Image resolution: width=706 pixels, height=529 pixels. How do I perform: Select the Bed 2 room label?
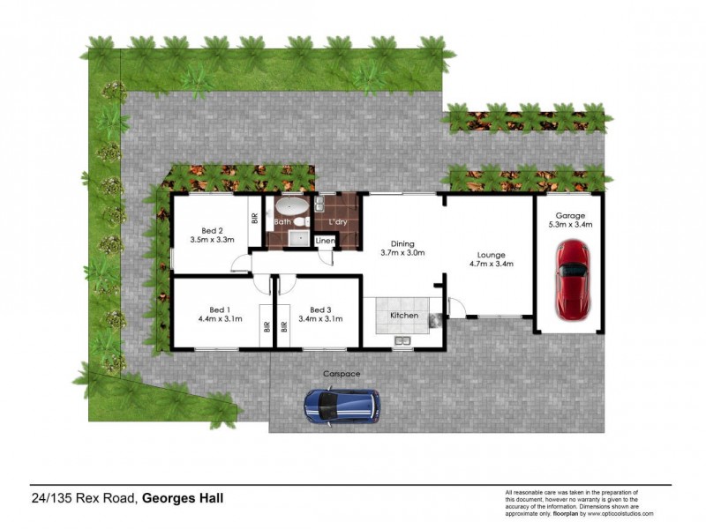tap(210, 228)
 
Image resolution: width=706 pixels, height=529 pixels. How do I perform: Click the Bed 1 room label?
tap(215, 309)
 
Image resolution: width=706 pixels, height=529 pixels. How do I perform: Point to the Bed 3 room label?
tap(320, 309)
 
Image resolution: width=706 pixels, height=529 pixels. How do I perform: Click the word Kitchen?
tap(404, 316)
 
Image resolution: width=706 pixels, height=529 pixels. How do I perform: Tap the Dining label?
tap(402, 244)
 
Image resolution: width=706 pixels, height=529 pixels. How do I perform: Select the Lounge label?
tap(492, 253)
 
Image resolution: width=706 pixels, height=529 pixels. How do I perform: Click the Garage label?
tap(571, 215)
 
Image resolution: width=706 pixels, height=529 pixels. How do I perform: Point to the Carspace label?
tap(342, 374)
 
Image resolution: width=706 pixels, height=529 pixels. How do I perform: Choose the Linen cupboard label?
tap(326, 241)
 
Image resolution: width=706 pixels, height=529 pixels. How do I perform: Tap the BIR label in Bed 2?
tap(254, 218)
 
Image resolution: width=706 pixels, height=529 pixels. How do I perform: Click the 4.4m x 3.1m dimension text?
tap(215, 319)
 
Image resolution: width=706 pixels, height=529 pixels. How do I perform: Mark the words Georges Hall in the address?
tap(184, 499)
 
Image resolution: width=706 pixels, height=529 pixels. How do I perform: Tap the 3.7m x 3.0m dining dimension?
tap(402, 254)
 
